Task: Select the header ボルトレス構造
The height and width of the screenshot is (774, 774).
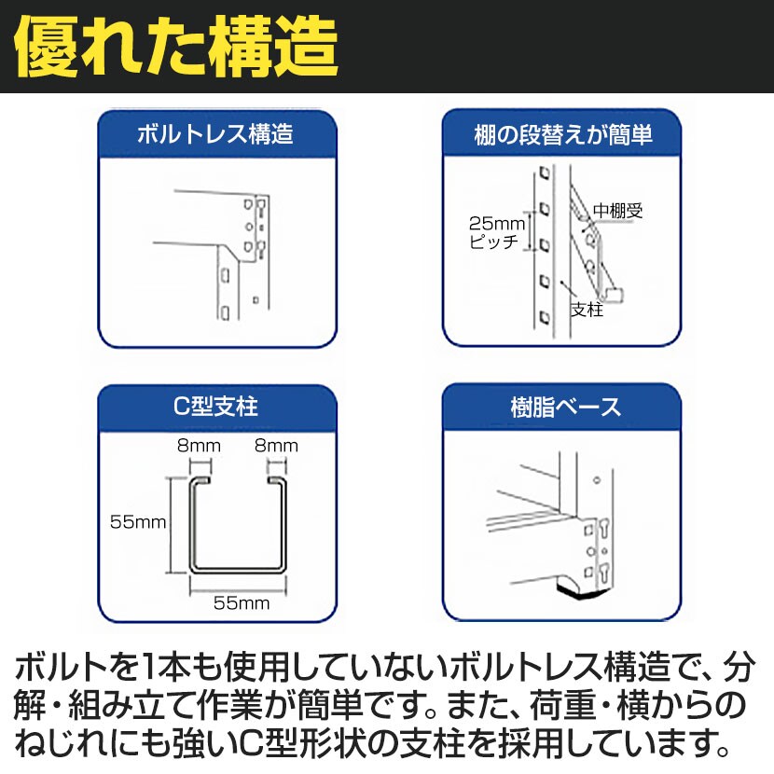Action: (x=216, y=134)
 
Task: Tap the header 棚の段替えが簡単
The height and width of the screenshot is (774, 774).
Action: (x=560, y=134)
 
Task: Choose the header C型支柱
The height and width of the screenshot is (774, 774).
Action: (x=216, y=408)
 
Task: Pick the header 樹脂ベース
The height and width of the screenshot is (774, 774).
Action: (x=560, y=408)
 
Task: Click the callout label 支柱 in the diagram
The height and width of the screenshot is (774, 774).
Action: (x=587, y=310)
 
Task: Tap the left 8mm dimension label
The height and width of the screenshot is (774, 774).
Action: (x=198, y=446)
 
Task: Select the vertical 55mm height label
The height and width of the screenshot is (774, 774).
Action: (x=137, y=523)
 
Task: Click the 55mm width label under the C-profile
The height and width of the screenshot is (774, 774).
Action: (x=241, y=602)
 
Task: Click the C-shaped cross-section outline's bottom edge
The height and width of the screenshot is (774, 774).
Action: (x=238, y=571)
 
